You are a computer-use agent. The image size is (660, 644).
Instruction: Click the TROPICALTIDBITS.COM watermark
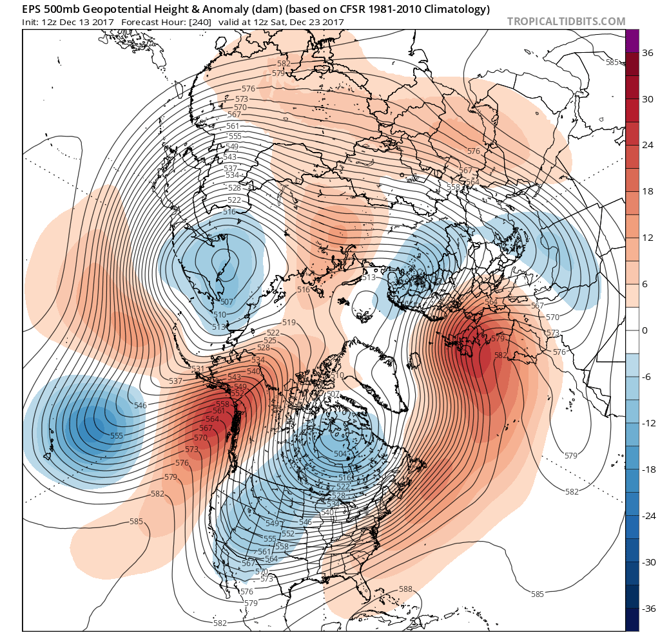pyautogui.click(x=566, y=21)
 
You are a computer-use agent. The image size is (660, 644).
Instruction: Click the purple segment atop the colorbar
pyautogui.click(x=632, y=41)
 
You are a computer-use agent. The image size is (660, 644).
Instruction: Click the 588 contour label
pyautogui.click(x=405, y=589)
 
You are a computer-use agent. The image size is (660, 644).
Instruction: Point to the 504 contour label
pyautogui.click(x=341, y=454)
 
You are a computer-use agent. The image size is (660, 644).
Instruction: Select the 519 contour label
pyautogui.click(x=289, y=323)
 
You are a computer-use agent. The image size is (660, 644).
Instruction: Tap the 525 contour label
pyautogui.click(x=270, y=340)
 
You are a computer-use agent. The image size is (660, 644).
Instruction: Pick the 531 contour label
pyautogui.click(x=198, y=368)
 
